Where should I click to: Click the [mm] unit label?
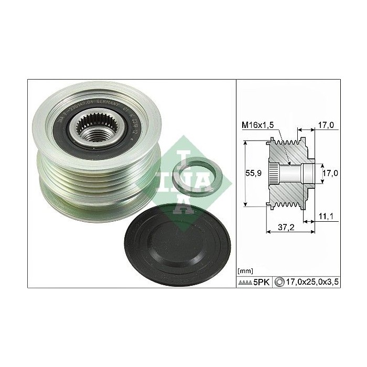coord(245,271)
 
